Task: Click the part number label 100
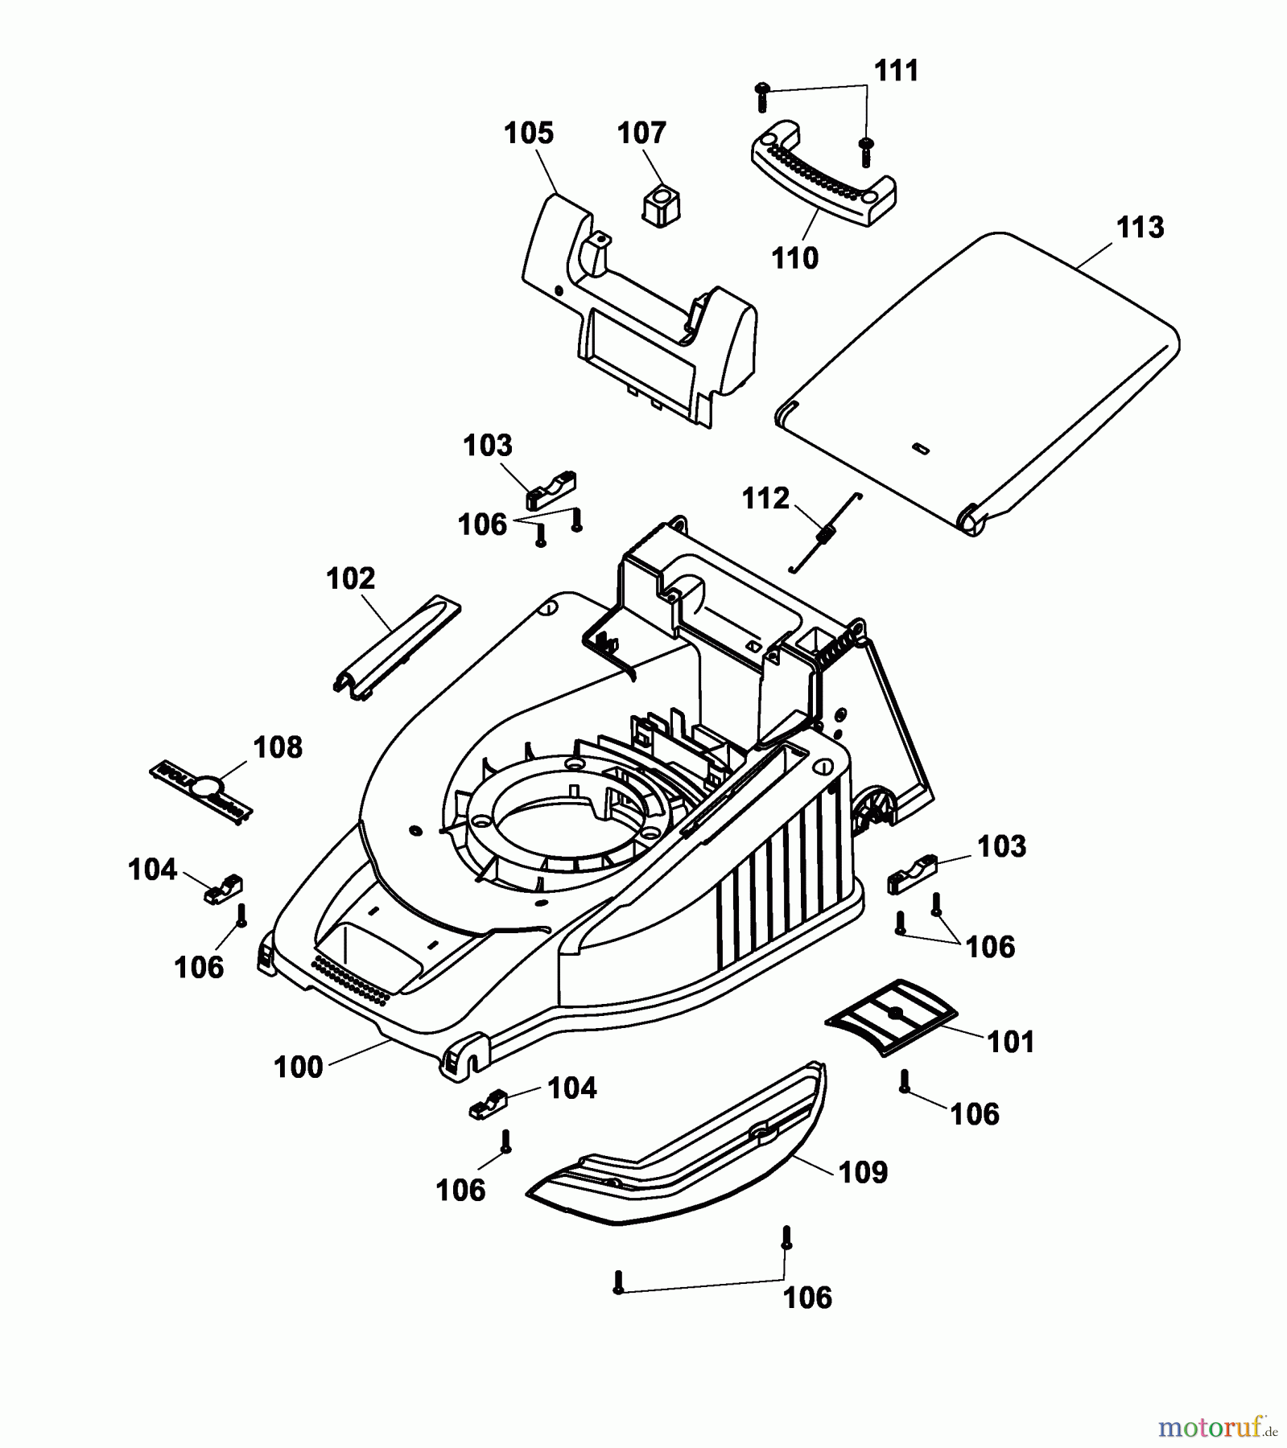(x=298, y=1067)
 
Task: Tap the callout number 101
(x=1010, y=1042)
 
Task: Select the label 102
(x=351, y=578)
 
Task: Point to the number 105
(x=529, y=133)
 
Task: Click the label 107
(x=641, y=133)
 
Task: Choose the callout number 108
(x=278, y=747)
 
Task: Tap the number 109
(x=863, y=1172)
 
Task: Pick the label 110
(x=794, y=258)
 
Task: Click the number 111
(x=897, y=71)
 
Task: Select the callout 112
(x=765, y=499)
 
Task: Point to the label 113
(x=1140, y=228)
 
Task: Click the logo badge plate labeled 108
(x=201, y=792)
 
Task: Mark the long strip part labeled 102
(x=396, y=644)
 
